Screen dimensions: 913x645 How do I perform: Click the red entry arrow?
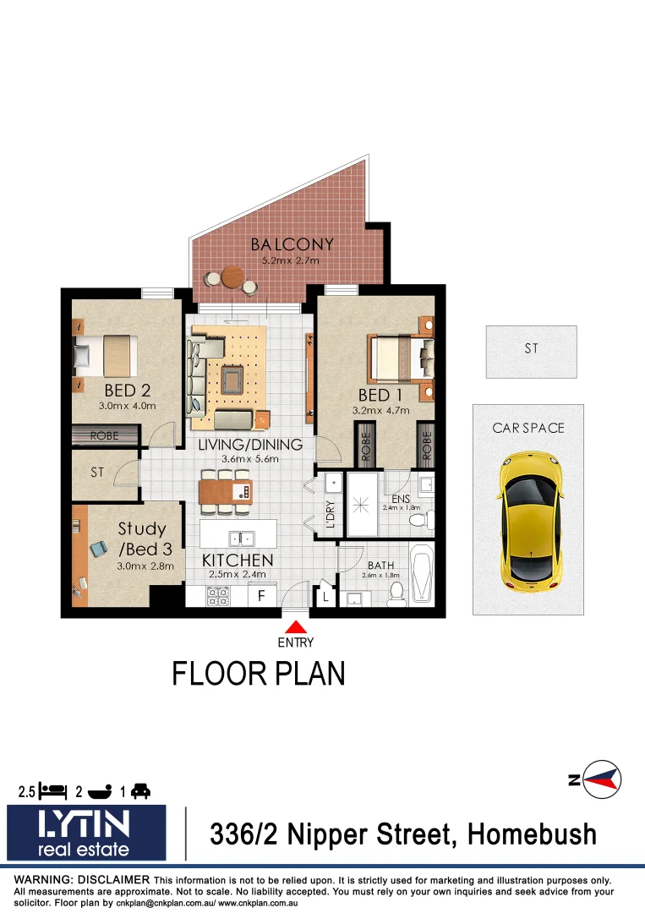pyautogui.click(x=296, y=627)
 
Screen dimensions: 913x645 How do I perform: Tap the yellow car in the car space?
pyautogui.click(x=528, y=522)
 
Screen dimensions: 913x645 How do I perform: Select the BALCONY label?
pyautogui.click(x=292, y=245)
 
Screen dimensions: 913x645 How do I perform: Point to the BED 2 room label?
pyautogui.click(x=127, y=391)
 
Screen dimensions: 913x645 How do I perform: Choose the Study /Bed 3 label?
pyautogui.click(x=141, y=538)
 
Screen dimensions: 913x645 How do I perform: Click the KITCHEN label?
pyautogui.click(x=237, y=560)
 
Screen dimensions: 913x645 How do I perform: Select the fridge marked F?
pyautogui.click(x=262, y=596)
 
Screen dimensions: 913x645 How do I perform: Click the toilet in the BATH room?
pyautogui.click(x=396, y=594)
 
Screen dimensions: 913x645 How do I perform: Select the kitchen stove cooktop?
pyautogui.click(x=218, y=596)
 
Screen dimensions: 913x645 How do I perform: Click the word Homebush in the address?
pyautogui.click(x=533, y=834)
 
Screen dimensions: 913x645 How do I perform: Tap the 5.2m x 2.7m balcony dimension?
pyautogui.click(x=291, y=261)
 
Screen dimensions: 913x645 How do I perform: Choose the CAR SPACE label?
pyautogui.click(x=527, y=429)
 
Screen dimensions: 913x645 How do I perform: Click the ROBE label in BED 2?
pyautogui.click(x=106, y=436)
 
